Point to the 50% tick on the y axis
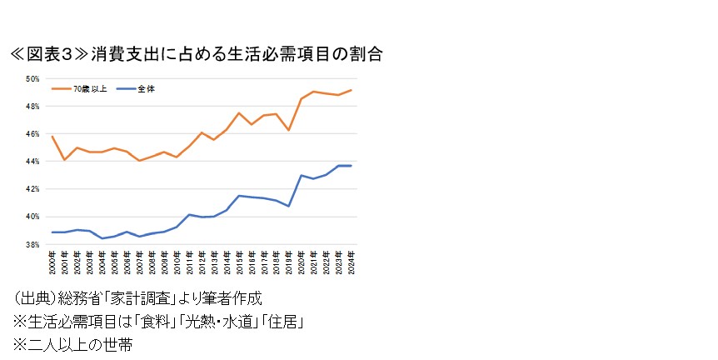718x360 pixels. pyautogui.click(x=33, y=79)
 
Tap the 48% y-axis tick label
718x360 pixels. pyautogui.click(x=33, y=107)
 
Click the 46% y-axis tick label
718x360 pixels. pyautogui.click(x=33, y=134)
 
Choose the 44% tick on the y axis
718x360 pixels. pyautogui.click(x=33, y=162)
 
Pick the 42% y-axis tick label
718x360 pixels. pyautogui.click(x=33, y=189)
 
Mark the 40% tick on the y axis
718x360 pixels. pyautogui.click(x=33, y=217)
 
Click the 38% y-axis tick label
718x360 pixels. pyautogui.click(x=33, y=245)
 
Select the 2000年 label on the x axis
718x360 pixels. pyautogui.click(x=52, y=262)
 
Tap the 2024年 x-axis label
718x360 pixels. pyautogui.click(x=351, y=262)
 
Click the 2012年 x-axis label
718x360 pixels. pyautogui.click(x=202, y=262)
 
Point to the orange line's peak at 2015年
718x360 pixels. pyautogui.click(x=239, y=112)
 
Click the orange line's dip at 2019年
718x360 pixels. pyautogui.click(x=288, y=130)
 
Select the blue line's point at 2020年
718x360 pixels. pyautogui.click(x=301, y=176)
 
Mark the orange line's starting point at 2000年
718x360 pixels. pyautogui.click(x=52, y=137)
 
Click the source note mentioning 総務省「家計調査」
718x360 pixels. pyautogui.click(x=137, y=298)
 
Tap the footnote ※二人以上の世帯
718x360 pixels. pyautogui.click(x=72, y=343)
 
